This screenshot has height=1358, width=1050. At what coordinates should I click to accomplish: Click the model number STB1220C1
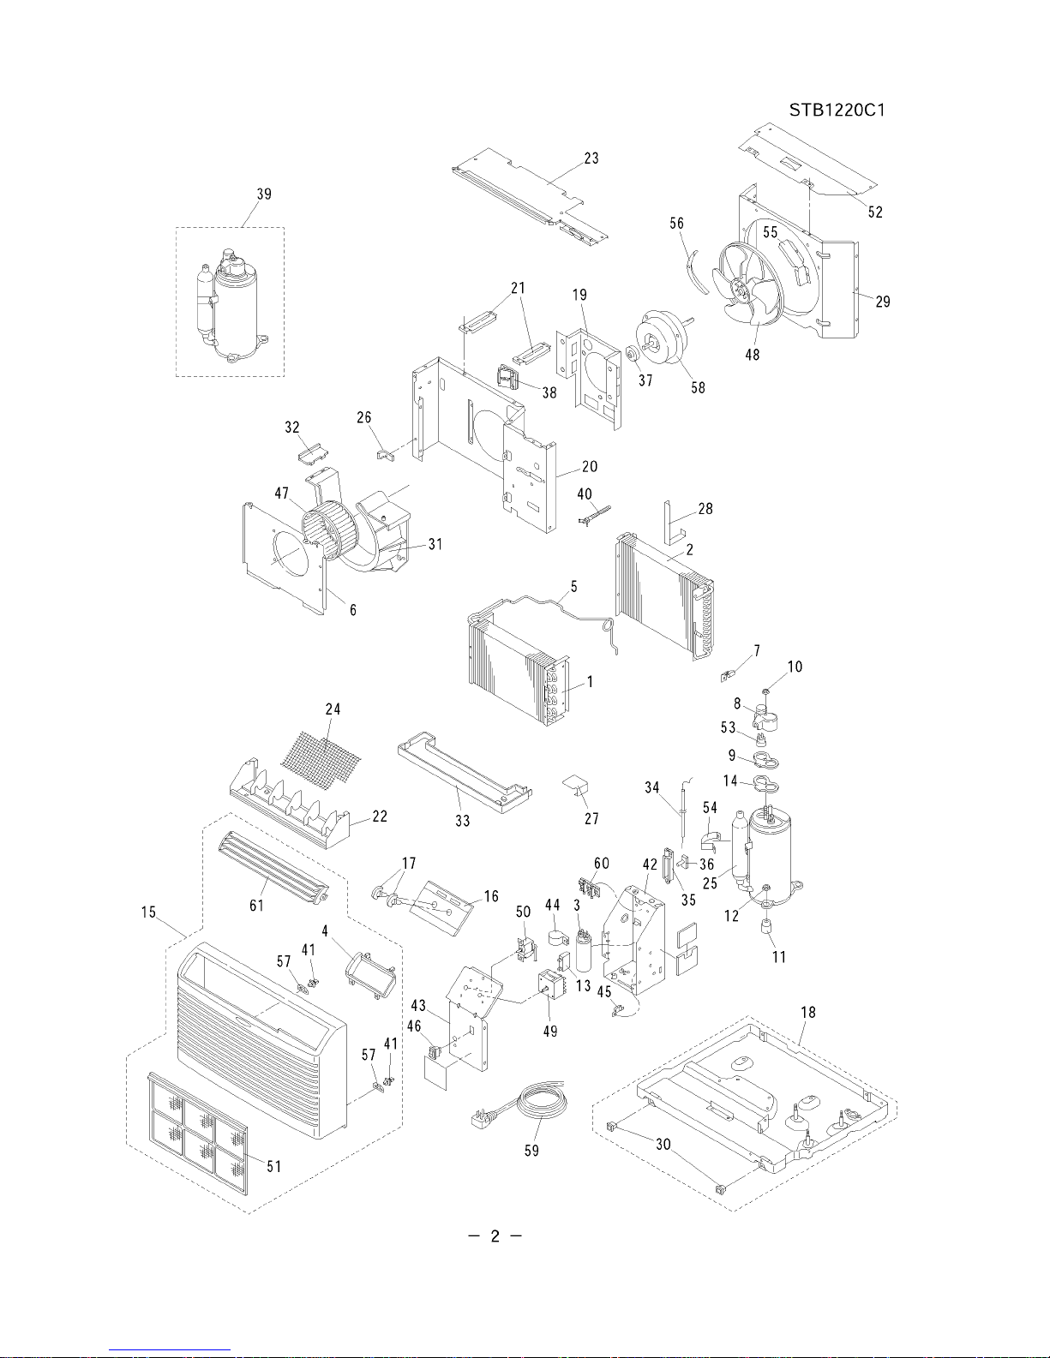837,111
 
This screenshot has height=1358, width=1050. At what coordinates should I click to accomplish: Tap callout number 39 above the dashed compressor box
264,194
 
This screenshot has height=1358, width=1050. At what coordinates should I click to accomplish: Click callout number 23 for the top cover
591,159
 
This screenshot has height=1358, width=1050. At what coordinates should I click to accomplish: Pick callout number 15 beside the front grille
148,912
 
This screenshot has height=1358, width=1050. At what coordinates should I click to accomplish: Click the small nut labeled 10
765,691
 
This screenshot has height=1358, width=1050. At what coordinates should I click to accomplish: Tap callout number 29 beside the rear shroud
883,302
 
